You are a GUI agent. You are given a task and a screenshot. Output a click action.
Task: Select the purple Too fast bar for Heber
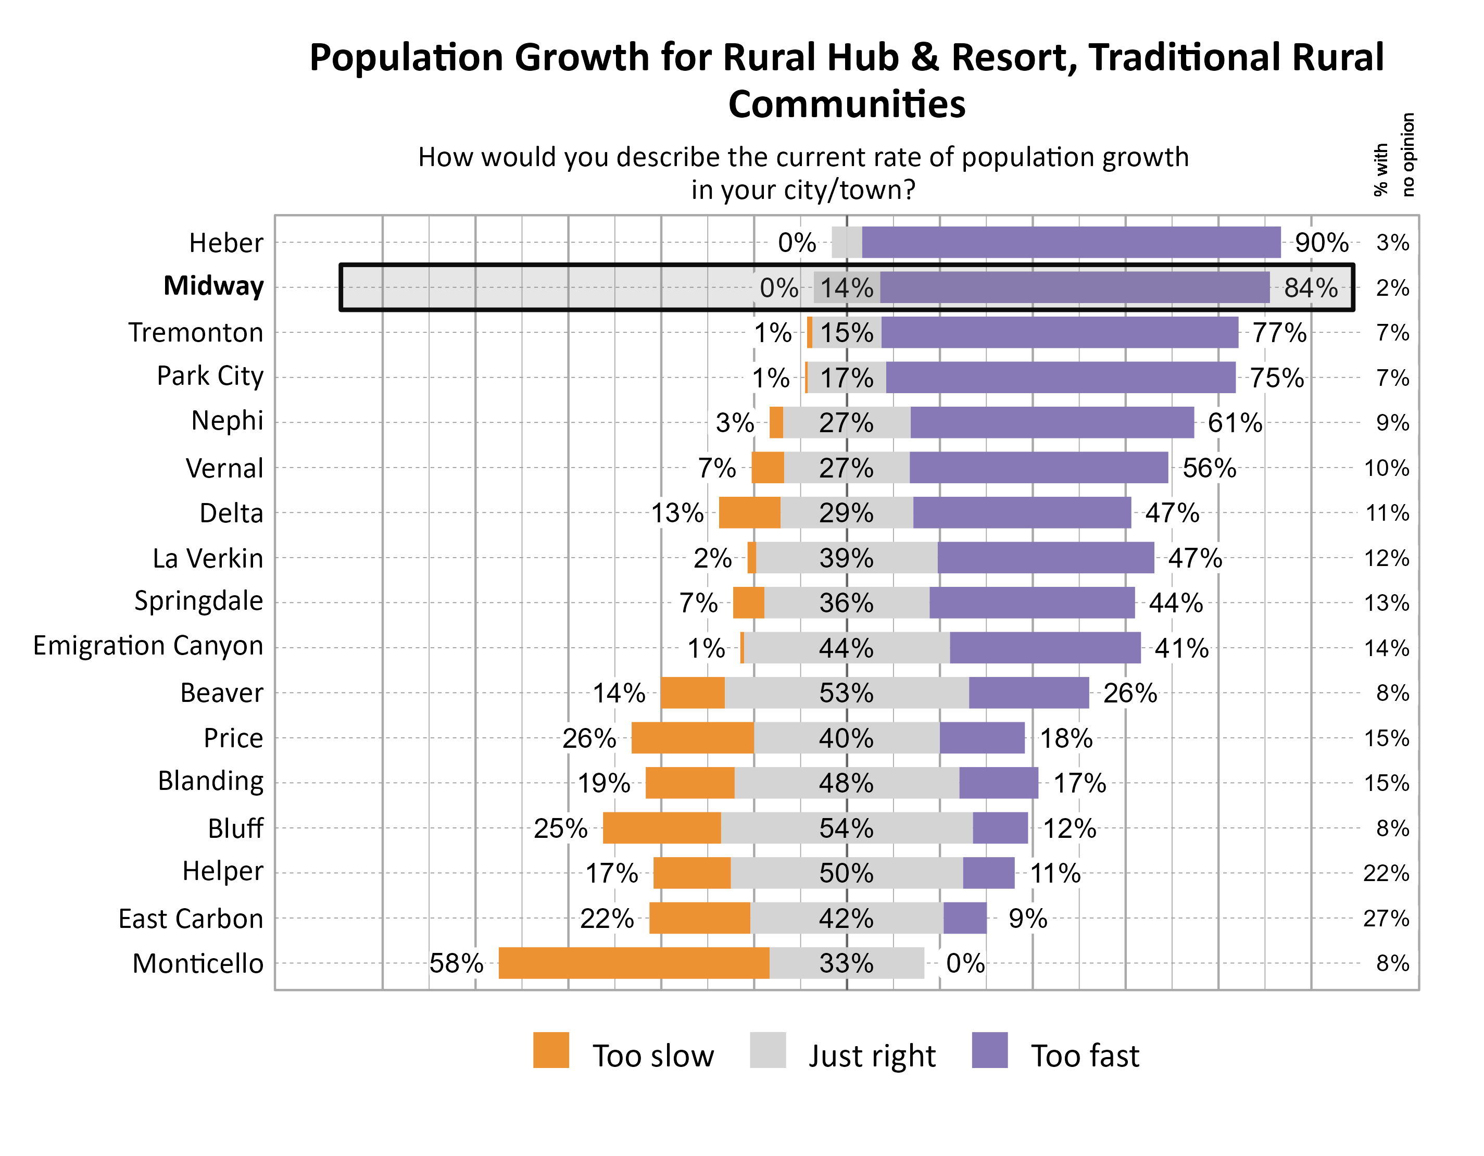(x=1071, y=243)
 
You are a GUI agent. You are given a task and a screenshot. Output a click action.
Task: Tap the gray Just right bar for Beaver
(x=846, y=693)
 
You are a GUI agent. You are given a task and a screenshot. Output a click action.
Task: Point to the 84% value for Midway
(x=1310, y=287)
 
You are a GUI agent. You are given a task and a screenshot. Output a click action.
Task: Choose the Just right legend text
(x=872, y=1056)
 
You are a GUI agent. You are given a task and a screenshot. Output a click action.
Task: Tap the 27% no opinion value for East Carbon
(x=1386, y=918)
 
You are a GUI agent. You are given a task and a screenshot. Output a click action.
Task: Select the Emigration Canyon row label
(x=148, y=646)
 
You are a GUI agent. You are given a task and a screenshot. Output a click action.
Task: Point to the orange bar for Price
(x=693, y=738)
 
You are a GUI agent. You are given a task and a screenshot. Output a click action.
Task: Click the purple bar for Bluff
(x=1000, y=828)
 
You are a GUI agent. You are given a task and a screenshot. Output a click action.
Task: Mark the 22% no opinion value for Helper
(x=1386, y=873)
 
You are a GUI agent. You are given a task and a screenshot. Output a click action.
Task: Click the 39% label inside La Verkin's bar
(x=846, y=558)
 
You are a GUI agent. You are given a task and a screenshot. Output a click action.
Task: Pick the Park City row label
(x=209, y=376)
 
